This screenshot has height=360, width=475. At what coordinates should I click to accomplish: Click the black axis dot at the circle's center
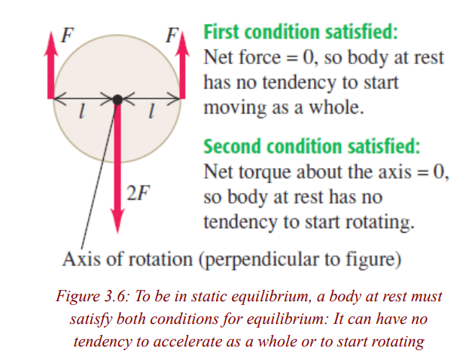[x=117, y=99]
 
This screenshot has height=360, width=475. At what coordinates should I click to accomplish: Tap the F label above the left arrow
[x=67, y=35]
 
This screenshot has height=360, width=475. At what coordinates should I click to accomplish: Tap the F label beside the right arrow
[x=172, y=35]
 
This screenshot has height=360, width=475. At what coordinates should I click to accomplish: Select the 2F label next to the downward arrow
[x=139, y=193]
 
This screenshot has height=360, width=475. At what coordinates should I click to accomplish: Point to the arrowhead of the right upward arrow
[x=182, y=44]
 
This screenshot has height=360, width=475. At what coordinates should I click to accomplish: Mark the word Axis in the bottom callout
[x=81, y=259]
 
